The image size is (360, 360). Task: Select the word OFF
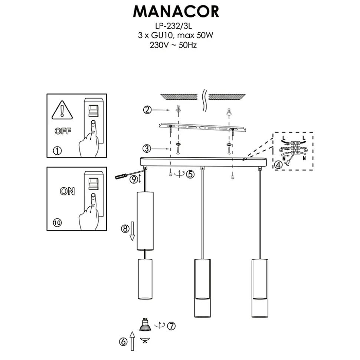coord(63,131)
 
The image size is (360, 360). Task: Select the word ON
coord(67,191)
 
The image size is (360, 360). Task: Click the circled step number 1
coord(57,151)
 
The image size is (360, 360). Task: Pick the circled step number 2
coord(148,110)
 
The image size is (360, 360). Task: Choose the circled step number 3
coord(148,149)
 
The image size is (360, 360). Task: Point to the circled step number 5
coord(190,174)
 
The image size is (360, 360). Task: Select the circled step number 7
coord(171,326)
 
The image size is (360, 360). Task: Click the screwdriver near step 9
coord(125,174)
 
